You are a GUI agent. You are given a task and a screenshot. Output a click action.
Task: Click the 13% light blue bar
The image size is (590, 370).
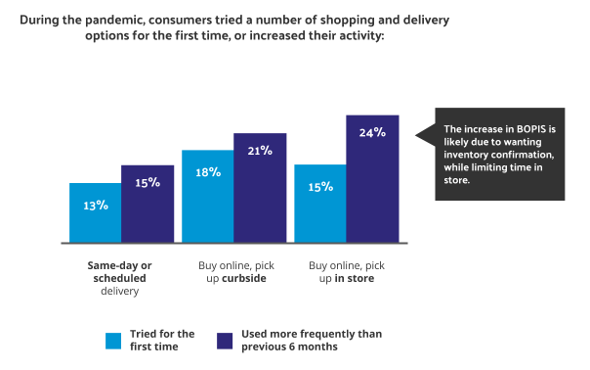tap(95, 212)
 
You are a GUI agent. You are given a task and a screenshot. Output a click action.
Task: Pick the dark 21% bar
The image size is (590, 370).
tap(260, 187)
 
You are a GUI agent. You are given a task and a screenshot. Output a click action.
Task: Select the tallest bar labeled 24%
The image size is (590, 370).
tap(373, 179)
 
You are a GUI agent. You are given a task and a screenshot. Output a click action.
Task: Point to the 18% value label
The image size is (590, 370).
tap(208, 171)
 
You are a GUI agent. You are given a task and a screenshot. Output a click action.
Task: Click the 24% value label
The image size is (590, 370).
tap(373, 133)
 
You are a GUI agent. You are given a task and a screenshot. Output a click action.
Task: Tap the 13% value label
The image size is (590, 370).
tap(95, 205)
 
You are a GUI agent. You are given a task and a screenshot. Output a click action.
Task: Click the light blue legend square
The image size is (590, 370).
tap(114, 340)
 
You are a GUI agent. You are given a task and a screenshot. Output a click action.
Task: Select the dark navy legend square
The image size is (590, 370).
tap(224, 340)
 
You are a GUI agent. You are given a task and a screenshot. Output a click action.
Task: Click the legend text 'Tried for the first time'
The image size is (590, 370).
tap(163, 340)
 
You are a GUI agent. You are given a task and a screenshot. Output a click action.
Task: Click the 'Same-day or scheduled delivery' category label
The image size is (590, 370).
tap(121, 277)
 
